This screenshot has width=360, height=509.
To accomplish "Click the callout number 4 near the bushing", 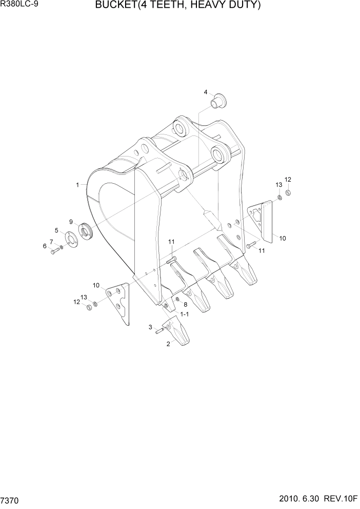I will click(206, 92).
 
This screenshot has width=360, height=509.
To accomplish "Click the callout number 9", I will click(71, 222).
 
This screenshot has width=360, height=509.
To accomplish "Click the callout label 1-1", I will click(183, 314).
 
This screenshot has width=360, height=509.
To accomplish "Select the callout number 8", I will click(185, 304).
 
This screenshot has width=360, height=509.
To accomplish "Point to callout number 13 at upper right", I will click(278, 184).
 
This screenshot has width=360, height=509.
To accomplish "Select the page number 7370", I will click(11, 499).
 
